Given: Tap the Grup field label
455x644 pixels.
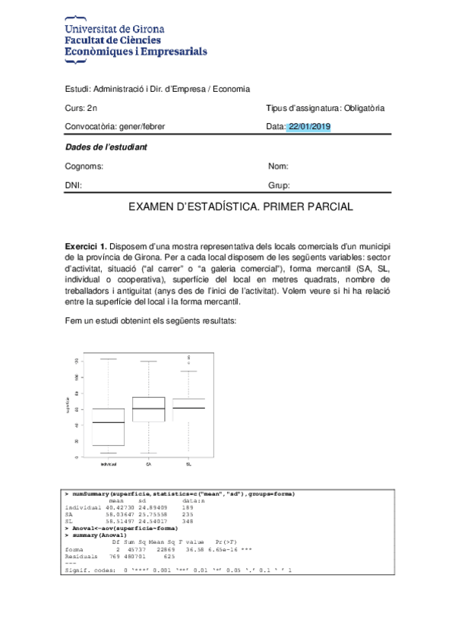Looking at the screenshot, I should (x=279, y=185).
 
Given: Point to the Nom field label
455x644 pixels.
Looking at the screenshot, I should (x=278, y=166).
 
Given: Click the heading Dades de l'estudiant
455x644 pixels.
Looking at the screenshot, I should (x=106, y=147).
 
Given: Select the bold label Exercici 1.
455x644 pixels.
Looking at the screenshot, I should (x=86, y=248).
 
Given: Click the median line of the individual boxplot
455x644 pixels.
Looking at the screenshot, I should (x=108, y=422).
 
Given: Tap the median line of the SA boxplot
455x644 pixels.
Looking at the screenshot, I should (x=149, y=409).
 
